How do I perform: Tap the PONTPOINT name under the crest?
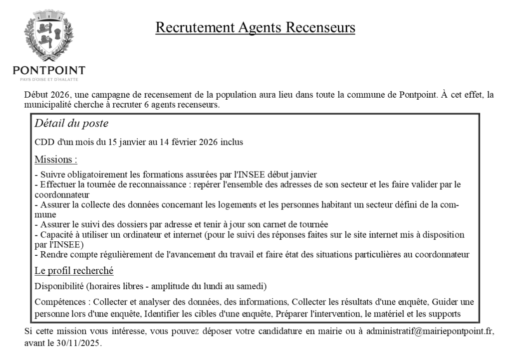(49, 70)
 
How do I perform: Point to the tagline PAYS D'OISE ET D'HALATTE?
(49, 79)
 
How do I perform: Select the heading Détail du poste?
(71, 124)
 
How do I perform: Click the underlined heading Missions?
(56, 160)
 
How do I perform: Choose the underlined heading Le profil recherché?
(74, 271)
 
